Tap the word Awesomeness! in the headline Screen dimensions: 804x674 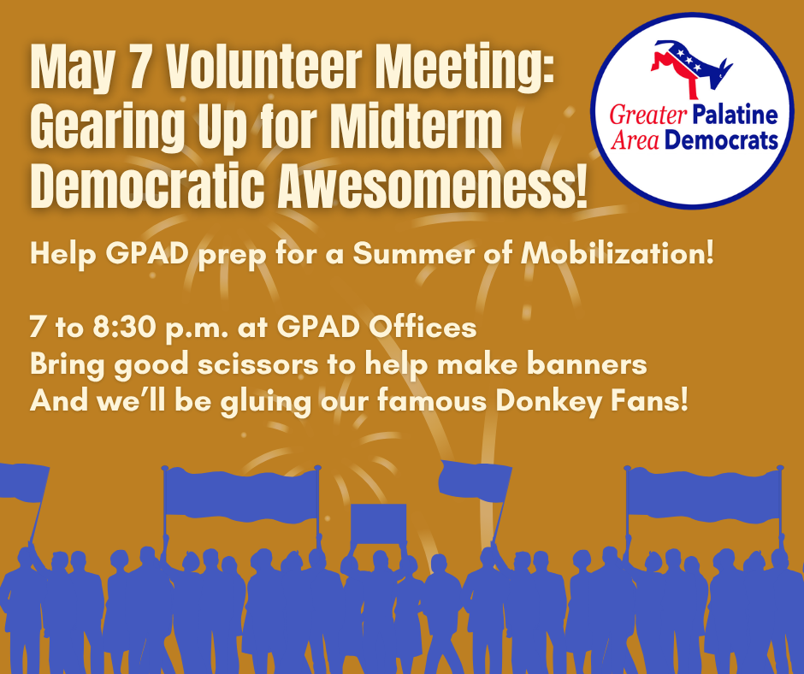[433, 186]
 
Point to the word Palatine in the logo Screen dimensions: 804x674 [735, 115]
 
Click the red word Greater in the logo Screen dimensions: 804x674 [648, 115]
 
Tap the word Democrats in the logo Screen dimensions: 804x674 [720, 140]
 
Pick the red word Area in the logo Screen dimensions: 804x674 [635, 140]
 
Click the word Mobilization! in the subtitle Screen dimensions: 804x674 [618, 253]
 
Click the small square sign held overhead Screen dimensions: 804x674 [378, 523]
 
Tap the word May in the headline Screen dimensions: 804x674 [73, 68]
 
